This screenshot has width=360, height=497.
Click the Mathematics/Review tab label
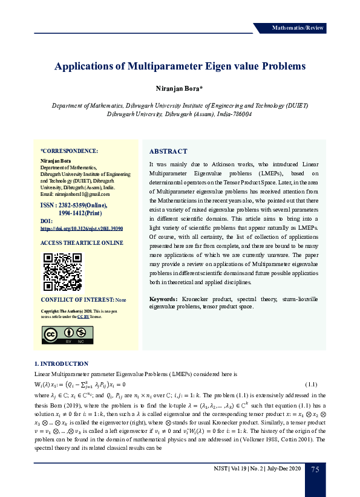click(x=298, y=28)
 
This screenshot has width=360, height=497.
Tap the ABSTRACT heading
click(x=168, y=151)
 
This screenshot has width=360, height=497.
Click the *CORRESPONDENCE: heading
click(x=69, y=151)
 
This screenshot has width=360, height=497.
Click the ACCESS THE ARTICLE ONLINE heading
click(x=81, y=243)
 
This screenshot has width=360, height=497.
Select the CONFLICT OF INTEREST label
click(x=77, y=300)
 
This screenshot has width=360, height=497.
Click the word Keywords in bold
click(x=163, y=299)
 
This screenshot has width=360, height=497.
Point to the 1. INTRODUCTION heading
click(x=61, y=363)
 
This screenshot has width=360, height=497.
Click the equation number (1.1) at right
click(x=311, y=384)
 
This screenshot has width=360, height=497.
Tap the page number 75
click(x=315, y=470)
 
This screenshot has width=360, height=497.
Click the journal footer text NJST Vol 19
click(x=229, y=470)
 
